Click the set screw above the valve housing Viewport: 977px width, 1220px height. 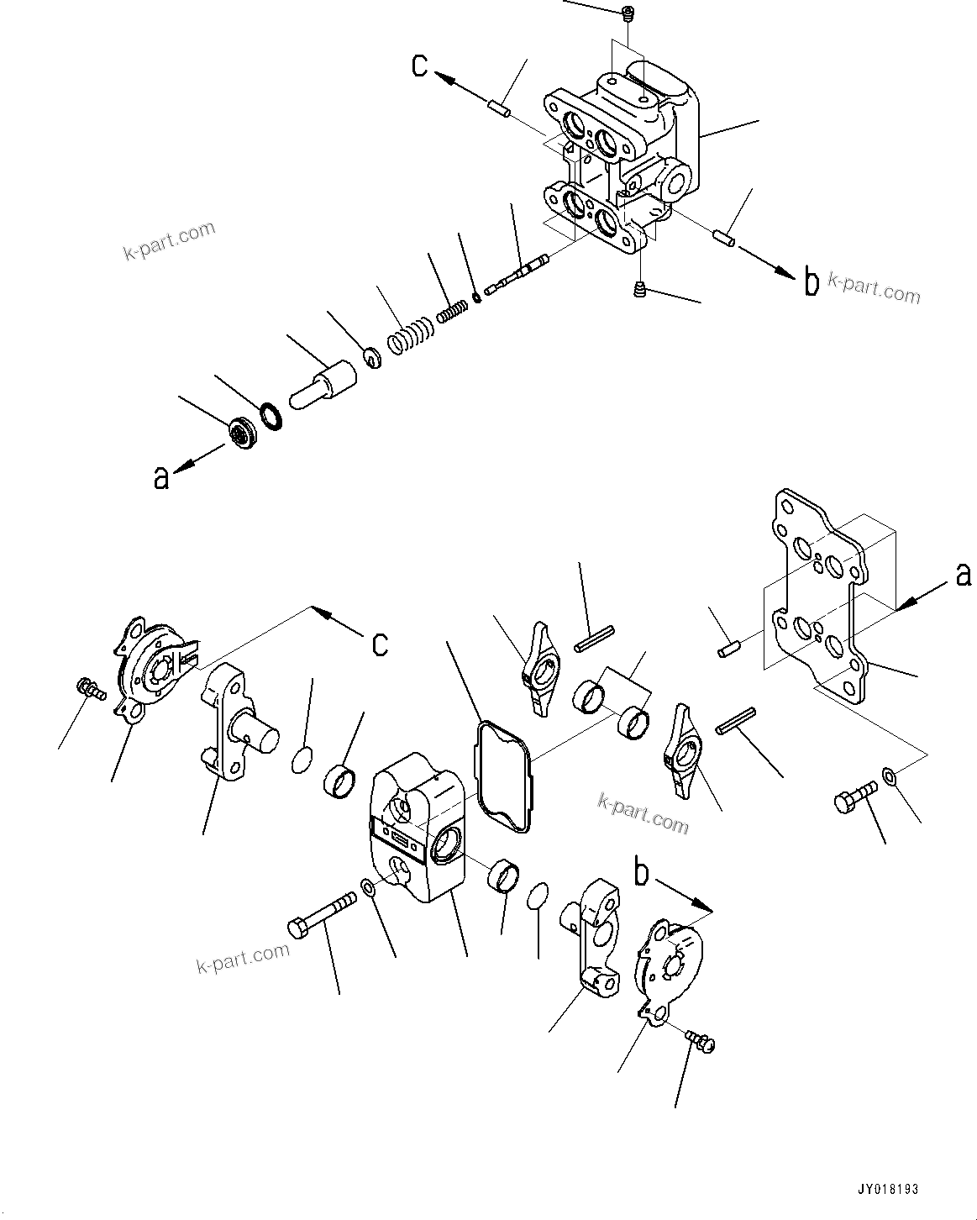click(x=628, y=13)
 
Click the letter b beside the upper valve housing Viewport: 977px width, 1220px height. click(x=810, y=283)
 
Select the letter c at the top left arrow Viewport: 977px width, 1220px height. click(x=420, y=65)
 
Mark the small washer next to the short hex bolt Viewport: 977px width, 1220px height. click(x=890, y=775)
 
